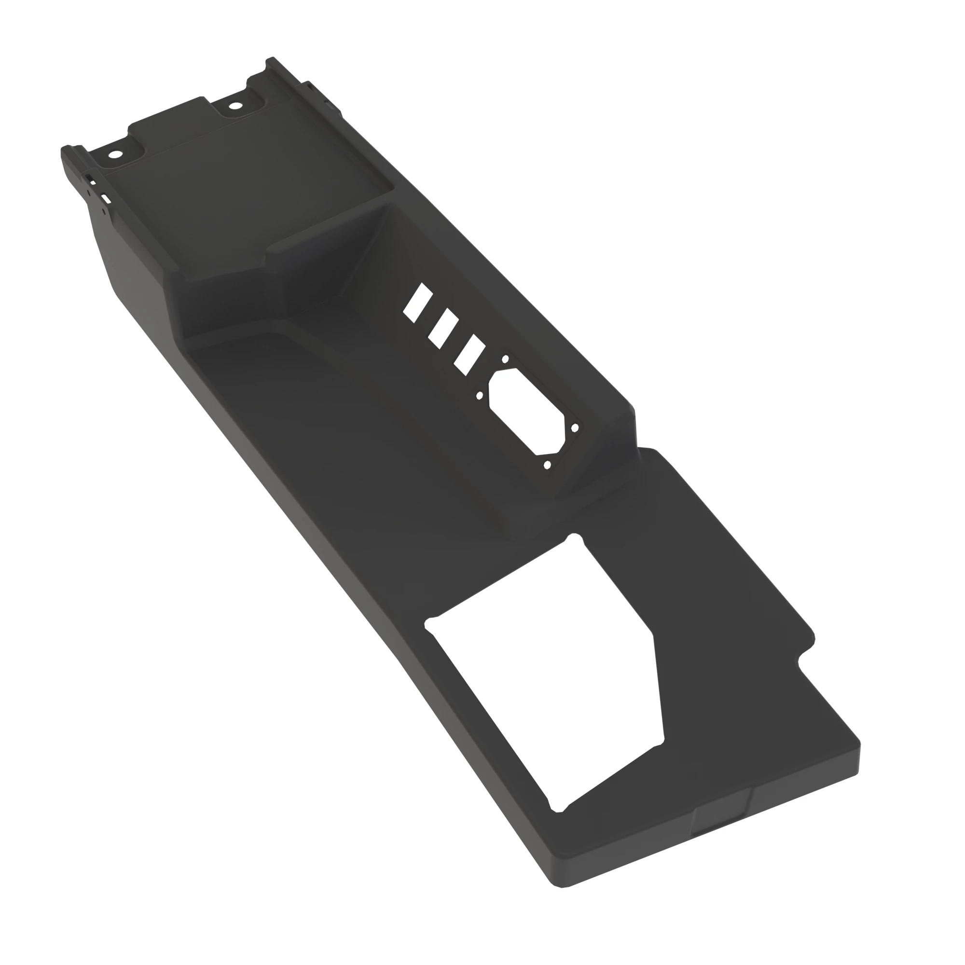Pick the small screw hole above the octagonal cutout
tap(505, 358)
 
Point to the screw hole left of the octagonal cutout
tap(480, 395)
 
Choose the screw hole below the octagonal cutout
tap(547, 465)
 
